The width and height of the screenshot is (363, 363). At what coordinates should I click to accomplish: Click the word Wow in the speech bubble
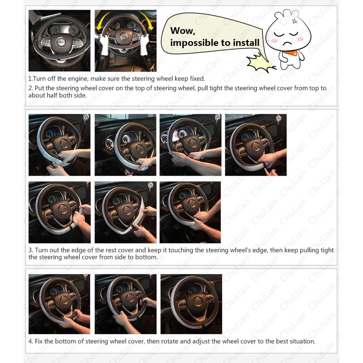coord(183,31)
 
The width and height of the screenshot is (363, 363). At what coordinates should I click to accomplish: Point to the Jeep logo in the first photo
coord(61,42)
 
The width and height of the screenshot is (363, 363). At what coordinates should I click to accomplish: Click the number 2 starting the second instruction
coord(30,88)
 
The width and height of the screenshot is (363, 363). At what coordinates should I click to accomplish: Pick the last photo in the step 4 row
coord(191,304)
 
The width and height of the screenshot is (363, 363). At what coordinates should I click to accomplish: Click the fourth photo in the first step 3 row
coord(256,145)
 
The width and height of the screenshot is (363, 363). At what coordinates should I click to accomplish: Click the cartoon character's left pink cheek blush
coord(274,41)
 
